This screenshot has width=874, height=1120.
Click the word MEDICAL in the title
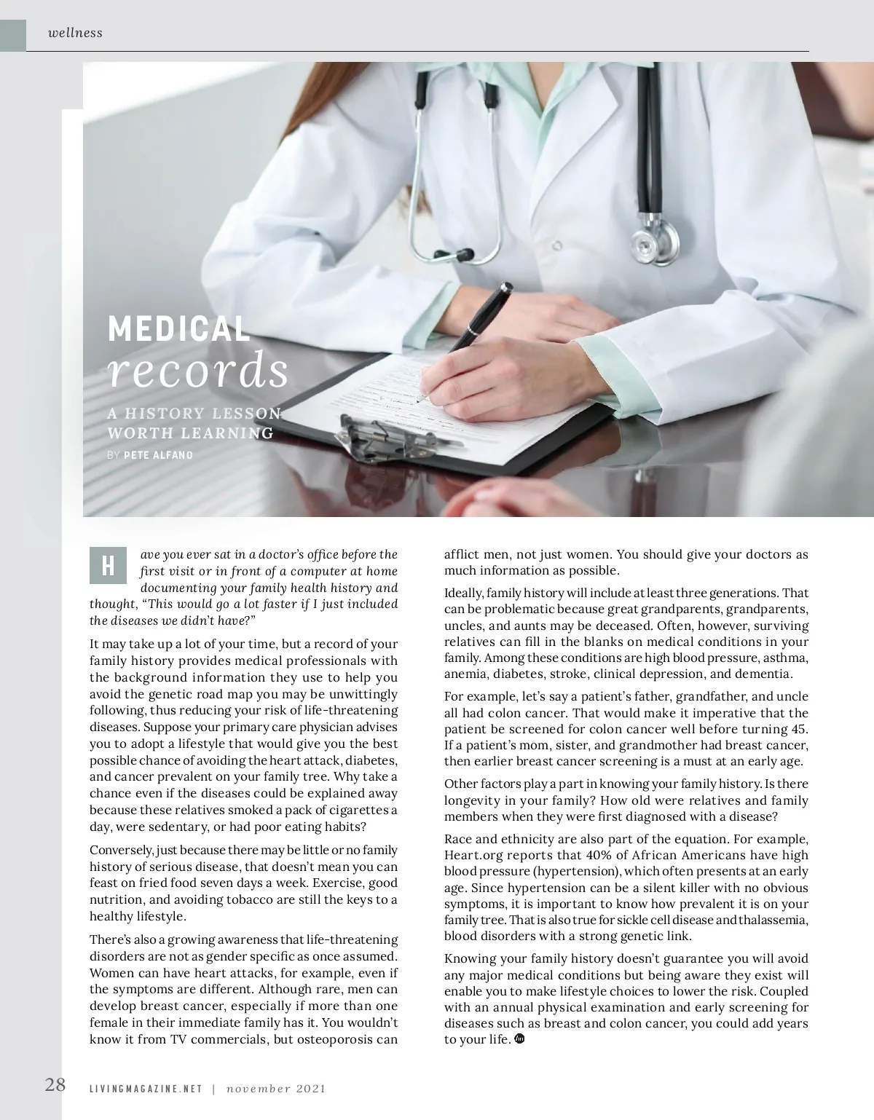[x=178, y=329]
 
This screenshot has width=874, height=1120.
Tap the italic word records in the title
[x=197, y=371]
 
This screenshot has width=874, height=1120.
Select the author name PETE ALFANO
[x=158, y=455]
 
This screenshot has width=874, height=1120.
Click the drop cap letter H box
[x=108, y=565]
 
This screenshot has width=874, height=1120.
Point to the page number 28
[x=55, y=1084]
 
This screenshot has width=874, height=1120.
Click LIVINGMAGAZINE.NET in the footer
[x=146, y=1089]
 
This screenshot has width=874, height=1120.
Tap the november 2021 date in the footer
[x=275, y=1089]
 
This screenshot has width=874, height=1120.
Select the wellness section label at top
[x=75, y=33]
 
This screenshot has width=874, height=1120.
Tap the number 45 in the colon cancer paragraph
[x=798, y=730]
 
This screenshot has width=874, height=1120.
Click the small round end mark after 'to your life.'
[x=519, y=1039]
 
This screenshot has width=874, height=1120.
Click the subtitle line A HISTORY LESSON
[x=194, y=414]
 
